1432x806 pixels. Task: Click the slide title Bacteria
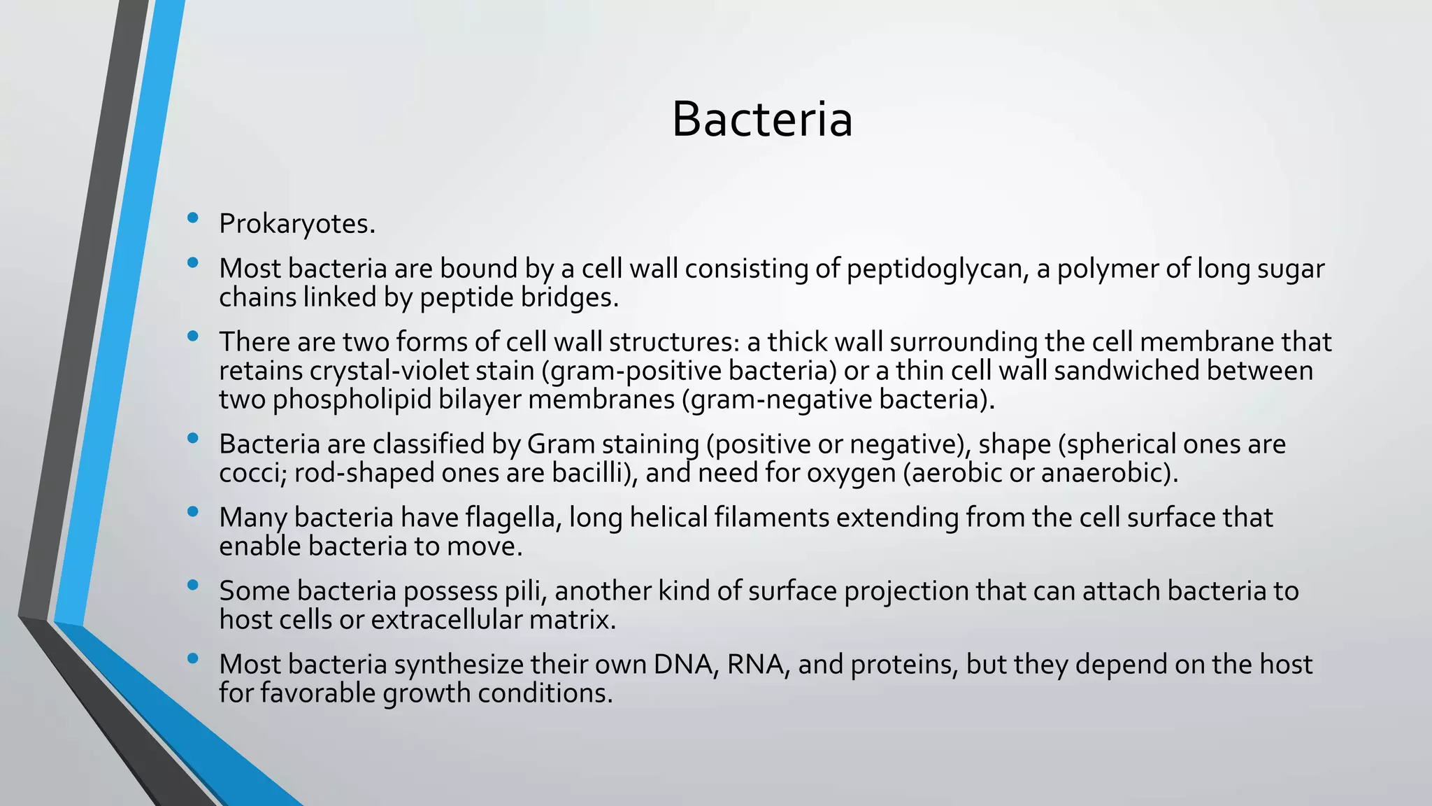[761, 120]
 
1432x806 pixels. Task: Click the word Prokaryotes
[296, 224]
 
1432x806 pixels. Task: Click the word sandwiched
[1126, 371]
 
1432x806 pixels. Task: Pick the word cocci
[252, 473]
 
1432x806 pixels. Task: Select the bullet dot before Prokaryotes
[193, 218]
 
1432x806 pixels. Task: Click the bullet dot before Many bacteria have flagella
[193, 512]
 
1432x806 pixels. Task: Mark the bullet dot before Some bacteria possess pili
[193, 586]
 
